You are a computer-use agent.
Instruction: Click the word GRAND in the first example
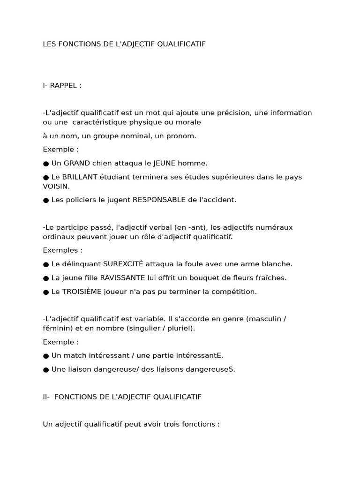(x=76, y=163)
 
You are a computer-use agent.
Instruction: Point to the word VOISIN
(x=56, y=186)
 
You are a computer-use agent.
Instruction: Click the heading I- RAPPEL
(x=62, y=85)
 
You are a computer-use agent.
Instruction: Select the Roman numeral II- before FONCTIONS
(x=46, y=397)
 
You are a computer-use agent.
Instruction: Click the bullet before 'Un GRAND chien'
(x=46, y=164)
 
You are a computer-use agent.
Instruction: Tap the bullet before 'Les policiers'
(x=46, y=200)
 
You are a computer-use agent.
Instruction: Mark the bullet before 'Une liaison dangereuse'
(x=46, y=369)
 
